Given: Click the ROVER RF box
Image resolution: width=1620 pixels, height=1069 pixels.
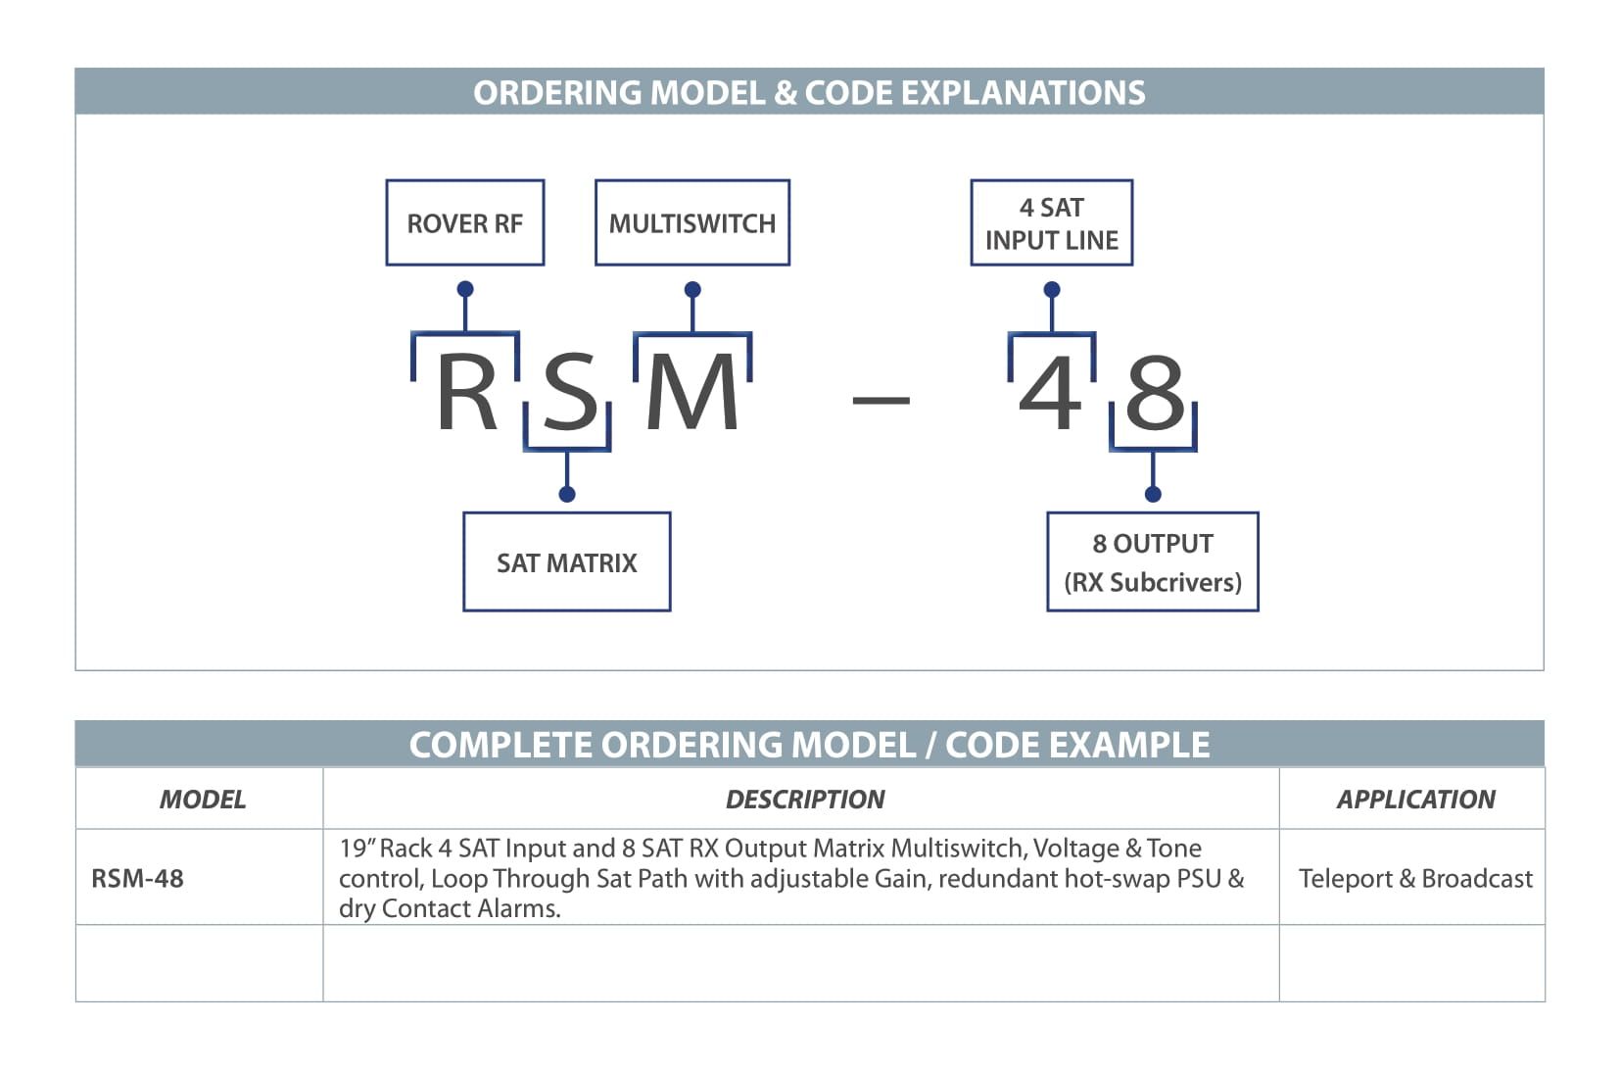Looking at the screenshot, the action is tap(465, 222).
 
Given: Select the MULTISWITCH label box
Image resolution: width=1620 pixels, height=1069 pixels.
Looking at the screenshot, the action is tap(692, 222).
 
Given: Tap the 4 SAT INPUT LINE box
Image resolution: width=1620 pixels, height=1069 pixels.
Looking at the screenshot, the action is tap(1052, 222).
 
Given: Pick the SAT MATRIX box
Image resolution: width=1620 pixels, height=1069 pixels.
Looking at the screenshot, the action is tap(567, 562).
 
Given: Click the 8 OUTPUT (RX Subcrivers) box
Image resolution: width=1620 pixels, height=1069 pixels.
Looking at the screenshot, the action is tap(1153, 562).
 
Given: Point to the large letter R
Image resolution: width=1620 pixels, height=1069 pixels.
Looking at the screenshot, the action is tap(466, 391).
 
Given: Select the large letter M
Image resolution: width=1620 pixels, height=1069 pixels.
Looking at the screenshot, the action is tap(692, 391).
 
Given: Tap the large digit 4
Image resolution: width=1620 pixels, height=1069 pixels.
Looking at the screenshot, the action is tap(1049, 391).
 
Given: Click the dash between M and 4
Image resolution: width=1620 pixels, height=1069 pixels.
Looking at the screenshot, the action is tap(881, 399).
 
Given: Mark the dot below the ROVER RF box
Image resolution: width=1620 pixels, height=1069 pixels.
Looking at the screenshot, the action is tap(465, 289).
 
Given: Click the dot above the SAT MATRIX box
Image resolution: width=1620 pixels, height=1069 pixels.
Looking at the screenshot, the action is tap(567, 494).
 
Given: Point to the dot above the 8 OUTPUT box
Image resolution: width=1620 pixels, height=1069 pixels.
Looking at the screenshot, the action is tap(1153, 494).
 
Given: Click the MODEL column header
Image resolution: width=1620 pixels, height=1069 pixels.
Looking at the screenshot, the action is tap(203, 800).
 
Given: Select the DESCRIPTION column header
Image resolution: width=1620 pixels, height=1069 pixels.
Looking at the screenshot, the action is tap(805, 800).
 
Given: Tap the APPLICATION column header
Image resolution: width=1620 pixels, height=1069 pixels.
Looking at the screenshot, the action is tap(1415, 800).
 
